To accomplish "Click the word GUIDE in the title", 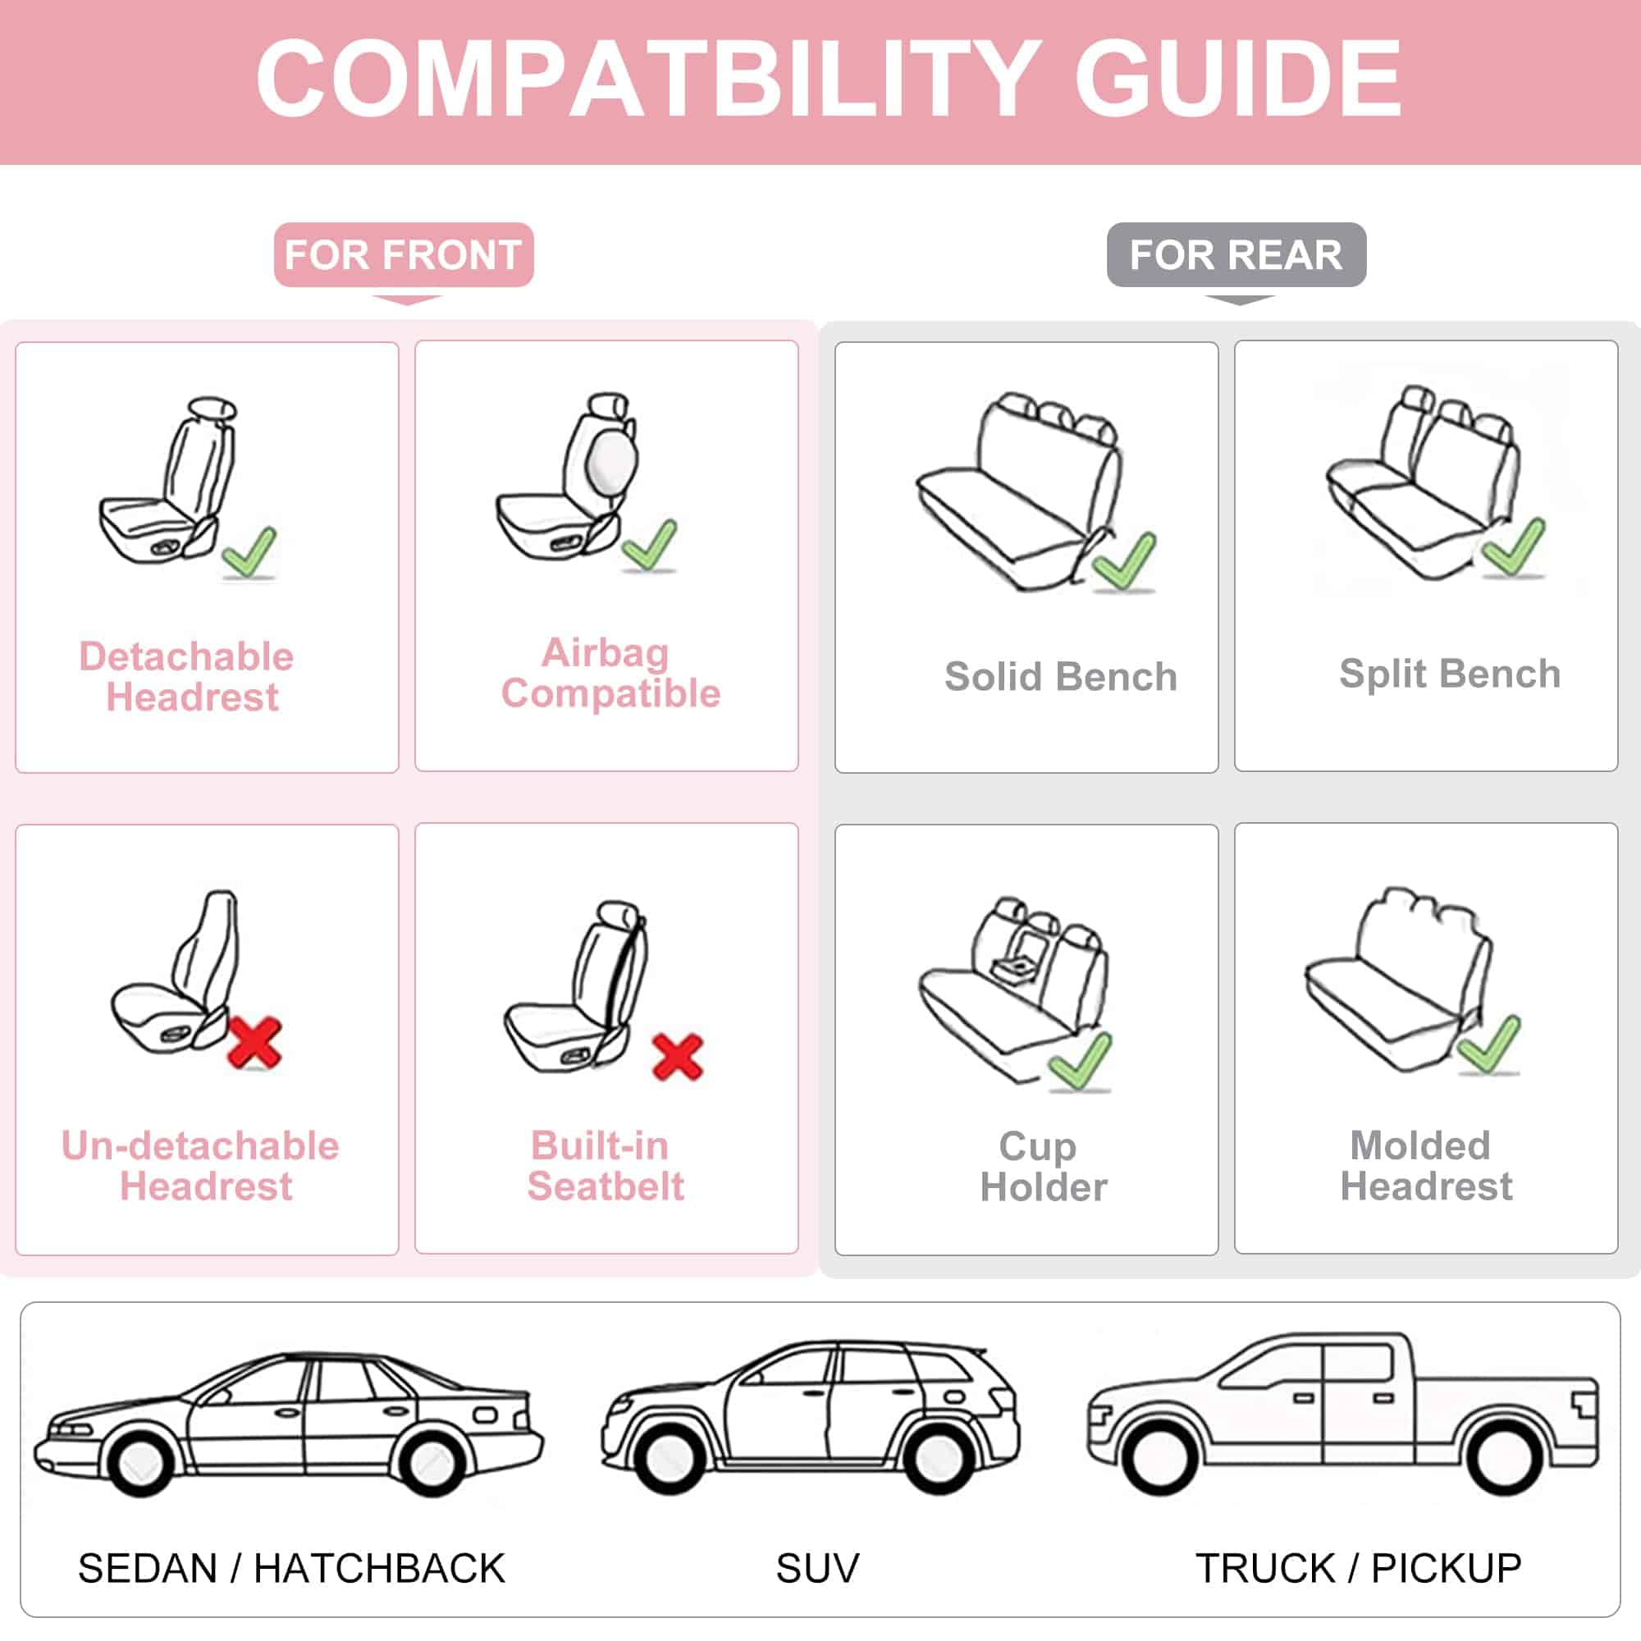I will coord(1237,79).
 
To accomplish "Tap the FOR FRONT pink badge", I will coord(404,255).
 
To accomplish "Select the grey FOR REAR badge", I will coord(1236,255).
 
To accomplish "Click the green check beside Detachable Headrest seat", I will coord(249,552).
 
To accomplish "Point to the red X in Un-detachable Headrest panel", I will coord(255,1042).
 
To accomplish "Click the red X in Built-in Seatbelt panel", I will coord(677,1056).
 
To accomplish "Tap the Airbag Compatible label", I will coord(609,673).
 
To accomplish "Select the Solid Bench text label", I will coord(1060,677).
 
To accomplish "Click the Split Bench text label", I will coord(1449,674).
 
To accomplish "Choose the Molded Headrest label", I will coord(1424,1165).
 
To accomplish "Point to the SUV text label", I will coord(817,1568).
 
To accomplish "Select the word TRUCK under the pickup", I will coord(1264,1568).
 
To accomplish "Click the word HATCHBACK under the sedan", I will coord(379,1568).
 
